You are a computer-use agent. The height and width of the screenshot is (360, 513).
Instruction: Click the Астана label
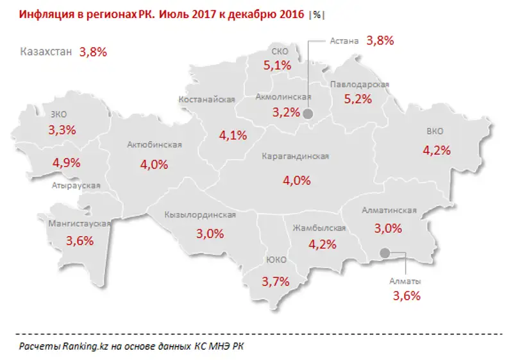coord(344,40)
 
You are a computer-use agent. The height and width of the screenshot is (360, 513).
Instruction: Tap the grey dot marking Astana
coord(307,114)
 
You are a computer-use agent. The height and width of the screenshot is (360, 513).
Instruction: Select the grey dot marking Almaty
coord(385,253)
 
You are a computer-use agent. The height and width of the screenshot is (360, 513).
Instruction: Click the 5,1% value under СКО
coord(277,65)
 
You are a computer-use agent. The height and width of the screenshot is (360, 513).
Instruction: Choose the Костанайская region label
coord(207,99)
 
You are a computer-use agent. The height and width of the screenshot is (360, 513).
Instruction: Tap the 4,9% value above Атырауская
coord(67,162)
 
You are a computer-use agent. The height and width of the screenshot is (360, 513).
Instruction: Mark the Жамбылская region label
coord(319,228)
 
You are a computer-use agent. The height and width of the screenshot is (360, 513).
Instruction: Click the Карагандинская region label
coord(296,157)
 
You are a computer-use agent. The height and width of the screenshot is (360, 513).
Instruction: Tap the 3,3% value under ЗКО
coord(62,130)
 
